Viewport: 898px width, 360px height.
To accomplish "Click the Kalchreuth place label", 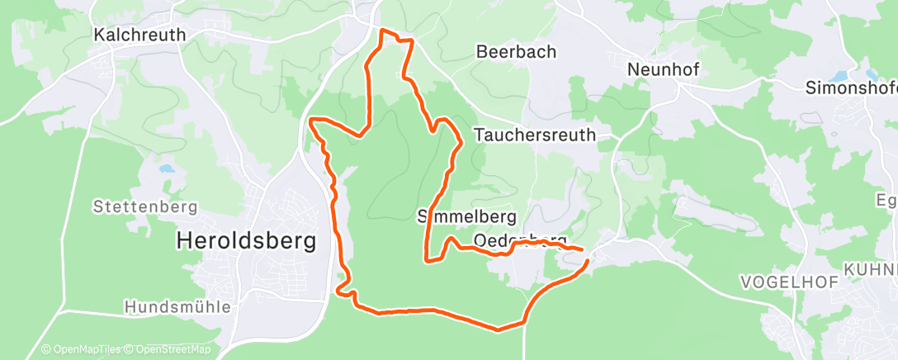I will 139,35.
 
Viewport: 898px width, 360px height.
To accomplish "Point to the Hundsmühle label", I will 177,306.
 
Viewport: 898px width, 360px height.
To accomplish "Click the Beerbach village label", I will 517,51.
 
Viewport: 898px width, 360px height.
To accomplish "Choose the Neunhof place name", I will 663,69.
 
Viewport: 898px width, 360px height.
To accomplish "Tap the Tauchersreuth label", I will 535,135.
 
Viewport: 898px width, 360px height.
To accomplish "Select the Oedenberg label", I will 520,240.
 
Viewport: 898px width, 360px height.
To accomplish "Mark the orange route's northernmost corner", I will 381,31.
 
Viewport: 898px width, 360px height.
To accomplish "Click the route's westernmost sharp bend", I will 311,121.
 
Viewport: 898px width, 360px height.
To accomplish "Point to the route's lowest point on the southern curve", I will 498,330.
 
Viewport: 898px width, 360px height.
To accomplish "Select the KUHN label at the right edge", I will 870,270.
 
